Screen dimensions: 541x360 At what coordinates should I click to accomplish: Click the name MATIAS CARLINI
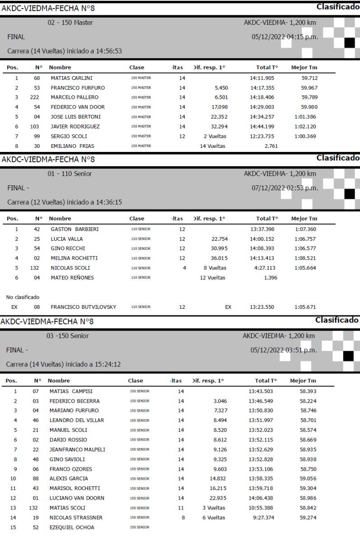(71, 78)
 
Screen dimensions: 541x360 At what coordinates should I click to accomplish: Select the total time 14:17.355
(262, 88)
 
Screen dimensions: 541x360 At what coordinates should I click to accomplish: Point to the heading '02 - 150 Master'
(70, 23)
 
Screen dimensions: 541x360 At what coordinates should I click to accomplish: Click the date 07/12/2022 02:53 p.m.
(285, 188)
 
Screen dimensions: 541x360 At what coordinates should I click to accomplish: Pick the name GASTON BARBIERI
(74, 229)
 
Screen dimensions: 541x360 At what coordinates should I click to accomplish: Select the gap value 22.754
(218, 239)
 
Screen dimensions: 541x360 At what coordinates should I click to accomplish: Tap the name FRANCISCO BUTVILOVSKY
(83, 307)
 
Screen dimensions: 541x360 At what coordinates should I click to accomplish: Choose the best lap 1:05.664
(305, 268)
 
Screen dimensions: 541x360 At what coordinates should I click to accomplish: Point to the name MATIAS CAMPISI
(71, 391)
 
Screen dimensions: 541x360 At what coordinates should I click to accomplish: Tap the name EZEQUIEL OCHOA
(72, 527)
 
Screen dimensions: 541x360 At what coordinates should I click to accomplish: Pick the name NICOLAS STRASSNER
(76, 518)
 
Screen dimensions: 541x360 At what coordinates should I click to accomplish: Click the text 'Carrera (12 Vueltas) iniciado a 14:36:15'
(65, 202)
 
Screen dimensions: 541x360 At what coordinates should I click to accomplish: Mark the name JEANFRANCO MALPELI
(77, 449)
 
